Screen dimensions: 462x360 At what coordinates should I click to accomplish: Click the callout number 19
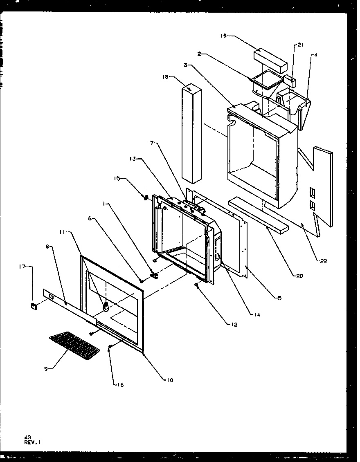click(x=223, y=36)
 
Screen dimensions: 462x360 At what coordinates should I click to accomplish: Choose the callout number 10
click(x=169, y=380)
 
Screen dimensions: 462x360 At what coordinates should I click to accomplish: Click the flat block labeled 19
click(x=270, y=59)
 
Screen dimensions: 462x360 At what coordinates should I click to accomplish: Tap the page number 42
click(x=27, y=437)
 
